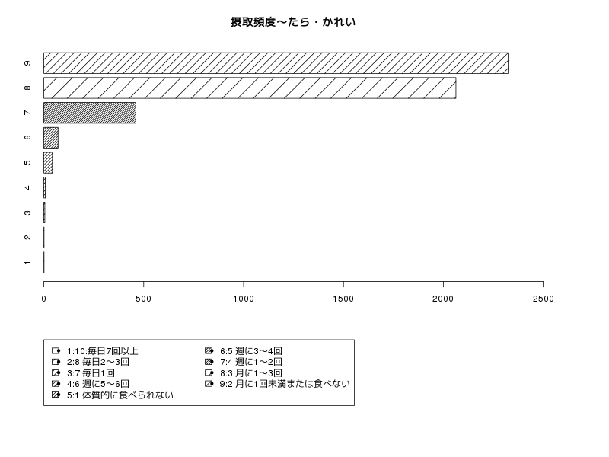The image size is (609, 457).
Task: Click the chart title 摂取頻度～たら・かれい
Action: click(x=293, y=22)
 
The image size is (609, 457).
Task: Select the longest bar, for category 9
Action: click(x=276, y=63)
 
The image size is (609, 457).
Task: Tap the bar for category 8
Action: click(x=250, y=88)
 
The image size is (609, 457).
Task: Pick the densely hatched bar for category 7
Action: click(x=90, y=113)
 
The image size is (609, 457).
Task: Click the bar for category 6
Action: click(x=51, y=138)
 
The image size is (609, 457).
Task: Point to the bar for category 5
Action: click(x=48, y=162)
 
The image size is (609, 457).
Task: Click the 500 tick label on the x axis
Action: click(x=144, y=299)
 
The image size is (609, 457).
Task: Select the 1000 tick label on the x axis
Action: click(x=244, y=299)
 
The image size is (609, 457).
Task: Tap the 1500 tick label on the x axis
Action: click(x=343, y=299)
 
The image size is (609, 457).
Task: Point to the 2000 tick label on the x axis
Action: click(x=443, y=299)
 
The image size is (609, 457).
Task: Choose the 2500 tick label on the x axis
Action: click(x=543, y=299)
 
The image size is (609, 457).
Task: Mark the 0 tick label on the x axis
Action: click(x=44, y=299)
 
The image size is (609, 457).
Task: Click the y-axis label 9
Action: click(x=27, y=63)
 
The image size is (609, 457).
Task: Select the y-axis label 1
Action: click(x=27, y=263)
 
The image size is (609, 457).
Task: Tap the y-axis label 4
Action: click(x=27, y=187)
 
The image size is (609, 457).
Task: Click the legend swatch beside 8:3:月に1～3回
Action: click(x=209, y=373)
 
